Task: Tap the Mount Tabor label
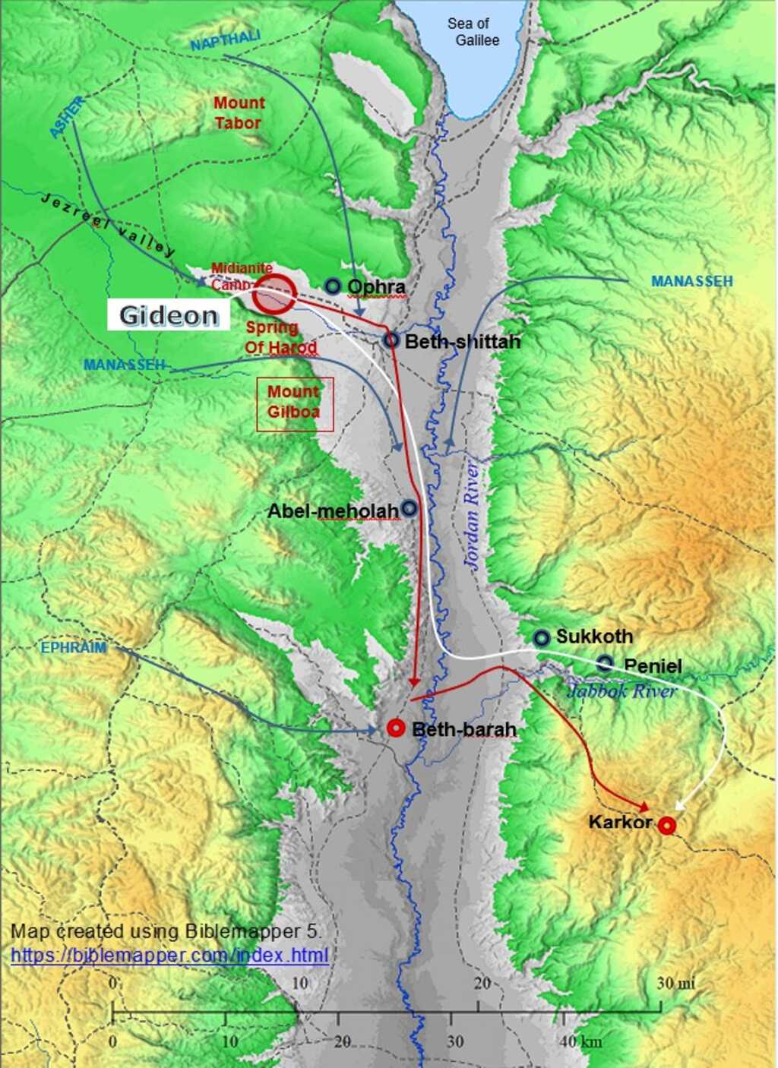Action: point(239,112)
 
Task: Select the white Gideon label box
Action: point(168,314)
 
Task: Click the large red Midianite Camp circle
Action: point(274,294)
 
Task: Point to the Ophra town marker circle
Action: point(332,286)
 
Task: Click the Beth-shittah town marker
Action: point(391,340)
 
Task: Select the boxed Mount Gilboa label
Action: point(294,403)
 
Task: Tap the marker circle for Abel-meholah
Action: point(409,508)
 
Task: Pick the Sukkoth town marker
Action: point(541,637)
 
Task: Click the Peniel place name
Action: point(653,666)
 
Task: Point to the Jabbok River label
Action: point(621,690)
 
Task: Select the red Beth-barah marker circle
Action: point(395,728)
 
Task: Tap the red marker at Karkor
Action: point(666,825)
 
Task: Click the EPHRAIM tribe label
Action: point(74,648)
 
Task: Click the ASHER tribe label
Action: point(67,118)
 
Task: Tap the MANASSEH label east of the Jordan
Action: point(691,281)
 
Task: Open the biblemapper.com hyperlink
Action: point(169,955)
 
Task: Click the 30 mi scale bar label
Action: point(675,983)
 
